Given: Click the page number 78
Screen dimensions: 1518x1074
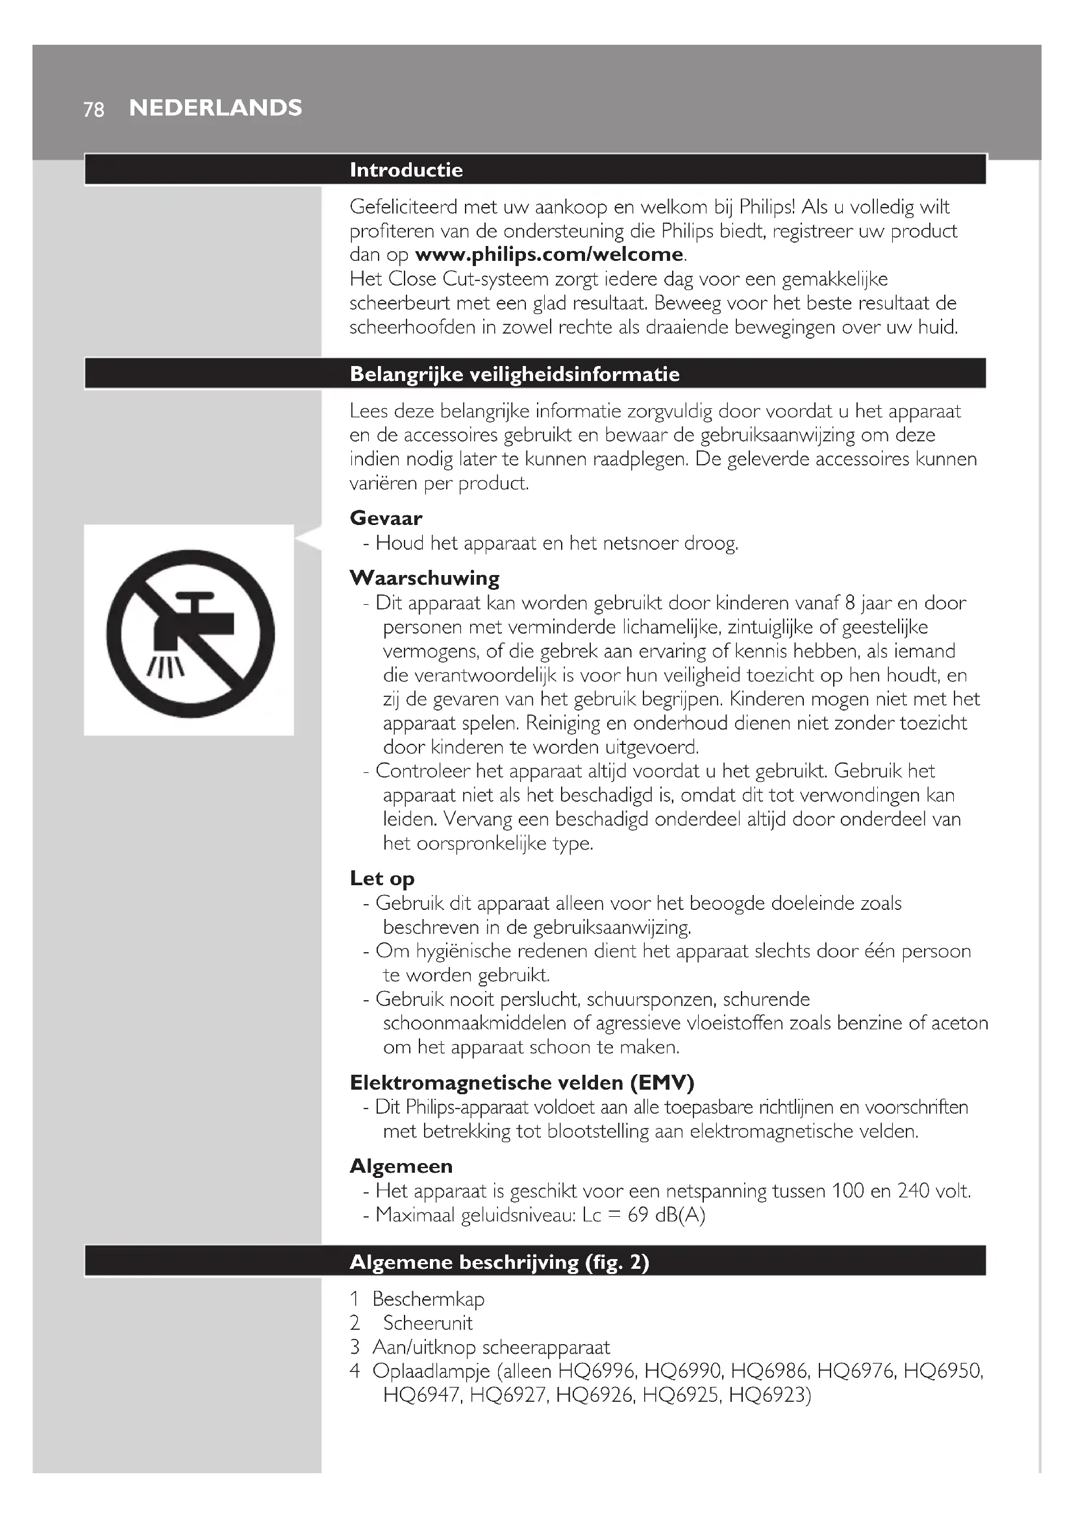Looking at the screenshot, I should click(x=94, y=109).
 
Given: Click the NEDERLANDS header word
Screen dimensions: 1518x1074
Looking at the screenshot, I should click(x=216, y=108).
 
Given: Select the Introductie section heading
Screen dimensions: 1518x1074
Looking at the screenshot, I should click(x=406, y=170).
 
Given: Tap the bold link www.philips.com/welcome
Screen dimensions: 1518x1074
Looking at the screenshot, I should click(x=549, y=254).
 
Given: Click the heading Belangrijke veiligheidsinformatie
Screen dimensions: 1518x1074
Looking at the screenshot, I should click(x=514, y=374).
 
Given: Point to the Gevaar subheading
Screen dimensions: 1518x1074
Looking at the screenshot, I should click(x=386, y=518).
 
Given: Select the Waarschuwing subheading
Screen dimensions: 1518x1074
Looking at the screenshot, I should click(x=424, y=578).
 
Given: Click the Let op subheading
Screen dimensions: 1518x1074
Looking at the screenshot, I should click(x=382, y=878).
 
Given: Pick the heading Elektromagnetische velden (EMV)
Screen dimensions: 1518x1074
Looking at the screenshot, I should click(x=522, y=1083).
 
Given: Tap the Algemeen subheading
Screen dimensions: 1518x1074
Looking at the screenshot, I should click(x=401, y=1166).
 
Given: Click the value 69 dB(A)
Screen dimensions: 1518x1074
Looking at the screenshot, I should click(x=667, y=1215).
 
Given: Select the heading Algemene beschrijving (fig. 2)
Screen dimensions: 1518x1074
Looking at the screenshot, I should click(x=499, y=1262).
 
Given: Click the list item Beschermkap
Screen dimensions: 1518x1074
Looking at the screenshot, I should click(x=428, y=1299).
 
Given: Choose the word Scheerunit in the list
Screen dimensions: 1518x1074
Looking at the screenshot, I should click(x=428, y=1323).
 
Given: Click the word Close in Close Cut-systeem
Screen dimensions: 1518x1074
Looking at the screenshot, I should click(x=412, y=279).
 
